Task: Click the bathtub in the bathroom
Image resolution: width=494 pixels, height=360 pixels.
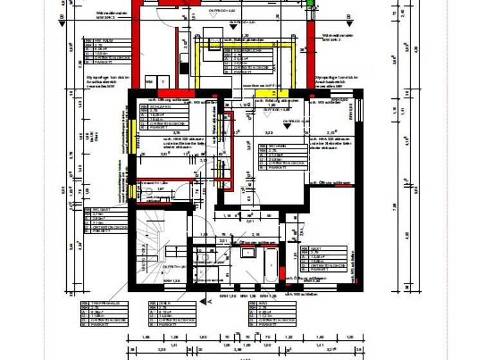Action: tap(270, 265)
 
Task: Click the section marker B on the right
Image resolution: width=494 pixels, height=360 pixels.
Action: tap(348, 19)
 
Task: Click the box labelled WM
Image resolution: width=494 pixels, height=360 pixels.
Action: tap(150, 82)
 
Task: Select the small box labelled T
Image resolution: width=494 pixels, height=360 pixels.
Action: tap(164, 82)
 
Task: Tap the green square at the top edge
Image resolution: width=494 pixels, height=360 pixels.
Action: tap(311, 4)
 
